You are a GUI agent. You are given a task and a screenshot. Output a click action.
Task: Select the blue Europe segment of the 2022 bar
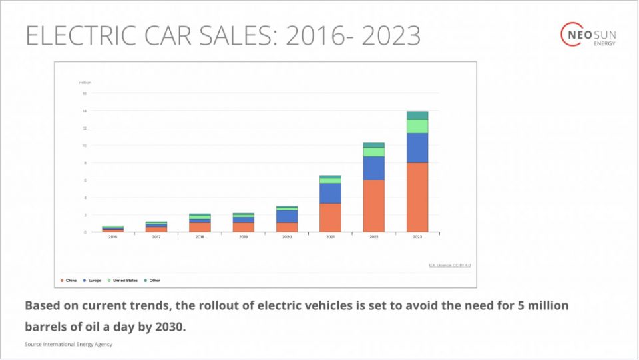point(373,168)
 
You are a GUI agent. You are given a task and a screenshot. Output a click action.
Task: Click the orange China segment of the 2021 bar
point(330,217)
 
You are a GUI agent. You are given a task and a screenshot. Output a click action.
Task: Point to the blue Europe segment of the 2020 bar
point(286,216)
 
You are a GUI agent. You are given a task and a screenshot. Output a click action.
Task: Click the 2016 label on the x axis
point(112,237)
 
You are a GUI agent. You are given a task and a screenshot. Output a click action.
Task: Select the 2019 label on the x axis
point(243,237)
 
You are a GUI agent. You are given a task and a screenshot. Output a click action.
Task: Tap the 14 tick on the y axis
point(85,111)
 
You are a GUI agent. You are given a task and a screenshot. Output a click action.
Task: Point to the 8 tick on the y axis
point(85,163)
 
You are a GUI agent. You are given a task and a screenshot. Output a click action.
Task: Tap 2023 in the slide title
point(391,36)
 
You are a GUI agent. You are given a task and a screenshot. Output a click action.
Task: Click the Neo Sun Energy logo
point(589,35)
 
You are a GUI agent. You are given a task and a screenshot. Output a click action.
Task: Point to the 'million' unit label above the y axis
point(85,83)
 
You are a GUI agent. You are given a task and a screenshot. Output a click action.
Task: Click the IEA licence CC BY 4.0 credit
point(449,266)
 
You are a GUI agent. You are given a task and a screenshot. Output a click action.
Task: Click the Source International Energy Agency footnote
point(69,344)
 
